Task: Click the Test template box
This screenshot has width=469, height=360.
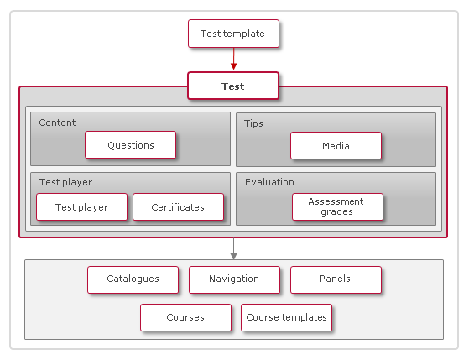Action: click(232, 34)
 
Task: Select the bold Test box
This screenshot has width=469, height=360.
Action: click(232, 86)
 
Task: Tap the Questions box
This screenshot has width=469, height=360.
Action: click(130, 145)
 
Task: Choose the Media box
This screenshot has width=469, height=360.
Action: click(336, 146)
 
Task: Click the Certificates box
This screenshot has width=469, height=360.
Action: click(178, 207)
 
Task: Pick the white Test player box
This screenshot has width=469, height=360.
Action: click(81, 207)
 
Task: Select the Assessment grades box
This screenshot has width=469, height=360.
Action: click(336, 206)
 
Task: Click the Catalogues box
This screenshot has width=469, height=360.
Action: click(133, 279)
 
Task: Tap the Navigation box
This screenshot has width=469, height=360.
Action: click(233, 279)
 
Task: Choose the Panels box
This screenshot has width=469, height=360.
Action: click(335, 279)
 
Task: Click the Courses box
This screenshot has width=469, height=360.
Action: click(185, 318)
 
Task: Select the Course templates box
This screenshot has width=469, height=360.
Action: click(286, 318)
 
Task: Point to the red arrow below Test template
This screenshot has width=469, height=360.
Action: click(233, 60)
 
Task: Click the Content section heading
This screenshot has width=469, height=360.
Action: click(57, 123)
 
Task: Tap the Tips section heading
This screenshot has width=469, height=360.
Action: click(253, 123)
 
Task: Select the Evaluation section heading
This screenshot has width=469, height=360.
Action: click(269, 182)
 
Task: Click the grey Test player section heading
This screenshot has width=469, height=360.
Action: click(65, 182)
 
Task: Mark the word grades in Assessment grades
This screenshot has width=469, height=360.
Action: click(336, 211)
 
